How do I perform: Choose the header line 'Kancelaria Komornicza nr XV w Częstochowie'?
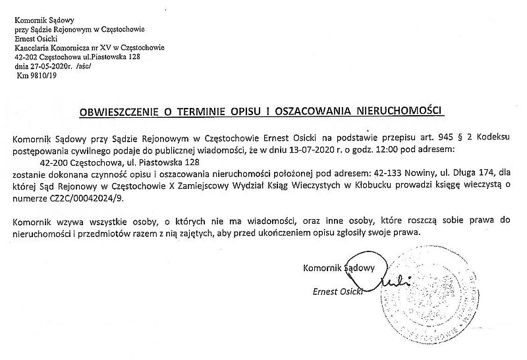pos(89,47)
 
